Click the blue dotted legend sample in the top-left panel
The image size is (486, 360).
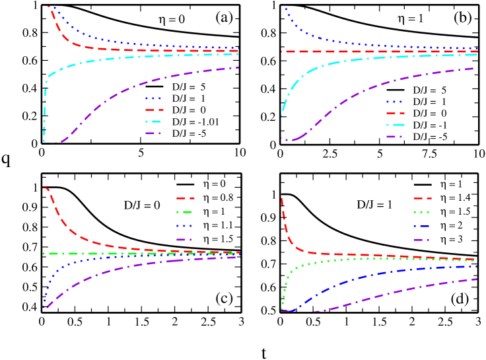click(x=153, y=98)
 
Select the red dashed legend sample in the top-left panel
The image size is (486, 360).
click(x=154, y=110)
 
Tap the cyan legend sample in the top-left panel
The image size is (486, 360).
click(x=153, y=122)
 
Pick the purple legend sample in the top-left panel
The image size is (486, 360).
click(x=153, y=133)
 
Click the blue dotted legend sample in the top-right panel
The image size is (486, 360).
click(x=395, y=102)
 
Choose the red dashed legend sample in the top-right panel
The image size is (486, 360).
click(x=395, y=114)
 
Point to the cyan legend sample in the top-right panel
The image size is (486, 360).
click(x=395, y=125)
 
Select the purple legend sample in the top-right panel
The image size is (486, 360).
click(x=395, y=137)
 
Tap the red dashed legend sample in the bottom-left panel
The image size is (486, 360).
click(x=185, y=198)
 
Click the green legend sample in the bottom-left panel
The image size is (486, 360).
click(x=184, y=212)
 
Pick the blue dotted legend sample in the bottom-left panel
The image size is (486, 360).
click(x=184, y=226)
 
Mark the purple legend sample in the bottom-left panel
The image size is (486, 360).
click(x=184, y=240)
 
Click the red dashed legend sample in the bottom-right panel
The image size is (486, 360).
click(x=422, y=198)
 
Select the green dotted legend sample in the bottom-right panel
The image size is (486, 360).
click(x=421, y=212)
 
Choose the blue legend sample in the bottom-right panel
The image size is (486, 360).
click(x=421, y=226)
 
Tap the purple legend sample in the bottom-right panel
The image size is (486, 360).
click(x=421, y=240)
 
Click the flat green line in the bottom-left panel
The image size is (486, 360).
click(x=99, y=254)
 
